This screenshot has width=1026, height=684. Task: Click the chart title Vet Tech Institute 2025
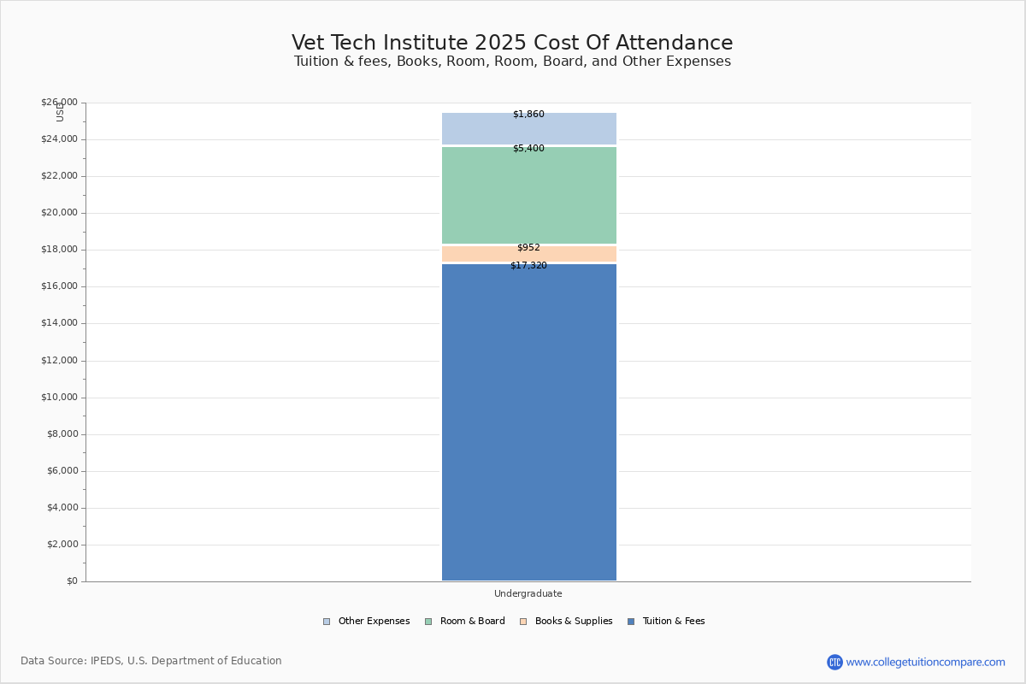point(512,43)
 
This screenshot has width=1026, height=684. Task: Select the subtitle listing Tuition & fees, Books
point(512,62)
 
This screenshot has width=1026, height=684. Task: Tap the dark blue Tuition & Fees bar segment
point(528,423)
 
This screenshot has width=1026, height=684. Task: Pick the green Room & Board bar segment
point(528,197)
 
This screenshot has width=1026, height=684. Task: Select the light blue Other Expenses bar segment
point(528,130)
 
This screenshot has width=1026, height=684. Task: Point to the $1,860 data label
point(528,115)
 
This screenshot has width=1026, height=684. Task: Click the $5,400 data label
point(528,149)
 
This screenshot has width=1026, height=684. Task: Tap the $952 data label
point(528,248)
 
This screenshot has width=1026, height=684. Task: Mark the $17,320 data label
point(528,266)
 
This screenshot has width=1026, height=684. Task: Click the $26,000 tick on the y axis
point(59,103)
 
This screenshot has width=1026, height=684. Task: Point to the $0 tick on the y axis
point(72,581)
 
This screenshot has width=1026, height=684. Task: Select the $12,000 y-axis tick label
point(59,361)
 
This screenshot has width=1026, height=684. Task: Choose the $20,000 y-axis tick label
point(59,213)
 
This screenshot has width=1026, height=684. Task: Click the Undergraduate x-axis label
point(528,593)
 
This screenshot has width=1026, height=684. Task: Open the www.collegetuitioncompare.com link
point(925,662)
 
